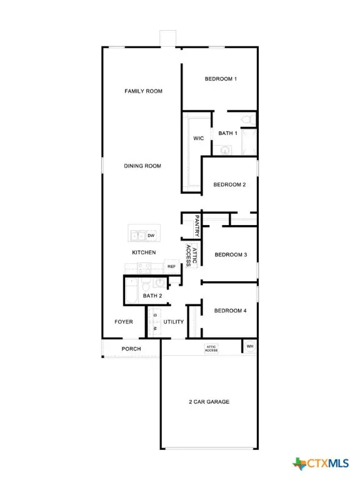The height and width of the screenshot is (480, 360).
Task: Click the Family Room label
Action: coord(143,91)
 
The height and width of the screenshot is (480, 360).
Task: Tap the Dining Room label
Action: coord(142,166)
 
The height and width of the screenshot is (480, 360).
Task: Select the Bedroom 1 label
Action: coord(221,79)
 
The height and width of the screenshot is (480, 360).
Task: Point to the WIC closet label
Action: coord(199,139)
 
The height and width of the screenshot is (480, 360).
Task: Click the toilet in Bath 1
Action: coord(246,119)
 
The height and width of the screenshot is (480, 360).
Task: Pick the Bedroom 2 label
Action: coord(229,184)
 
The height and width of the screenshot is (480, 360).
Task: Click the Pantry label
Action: coord(197,226)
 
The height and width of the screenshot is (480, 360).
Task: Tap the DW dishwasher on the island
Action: coord(151,236)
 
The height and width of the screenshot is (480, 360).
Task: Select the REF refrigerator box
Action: coord(171,266)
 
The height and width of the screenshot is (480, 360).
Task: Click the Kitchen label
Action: coord(144,252)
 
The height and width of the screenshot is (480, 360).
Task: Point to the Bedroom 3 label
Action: coord(231,255)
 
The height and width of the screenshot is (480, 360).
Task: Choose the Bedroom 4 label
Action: coord(230,311)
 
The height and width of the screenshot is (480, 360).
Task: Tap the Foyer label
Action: coord(123,322)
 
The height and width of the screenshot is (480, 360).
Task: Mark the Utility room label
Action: coord(173,322)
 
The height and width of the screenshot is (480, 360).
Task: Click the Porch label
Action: coord(131,349)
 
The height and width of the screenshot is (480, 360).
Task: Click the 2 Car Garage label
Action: coord(209,401)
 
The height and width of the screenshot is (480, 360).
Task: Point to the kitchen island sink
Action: coord(136,236)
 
